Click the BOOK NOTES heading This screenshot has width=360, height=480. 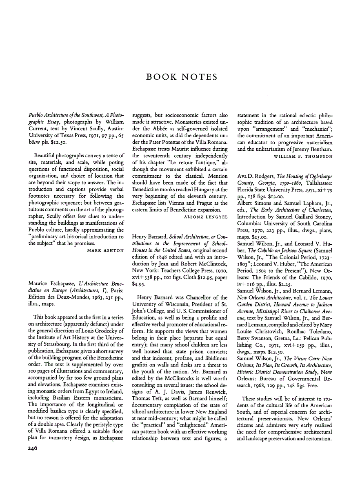pos(180,77)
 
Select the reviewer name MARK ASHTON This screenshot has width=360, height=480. pos(105,250)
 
